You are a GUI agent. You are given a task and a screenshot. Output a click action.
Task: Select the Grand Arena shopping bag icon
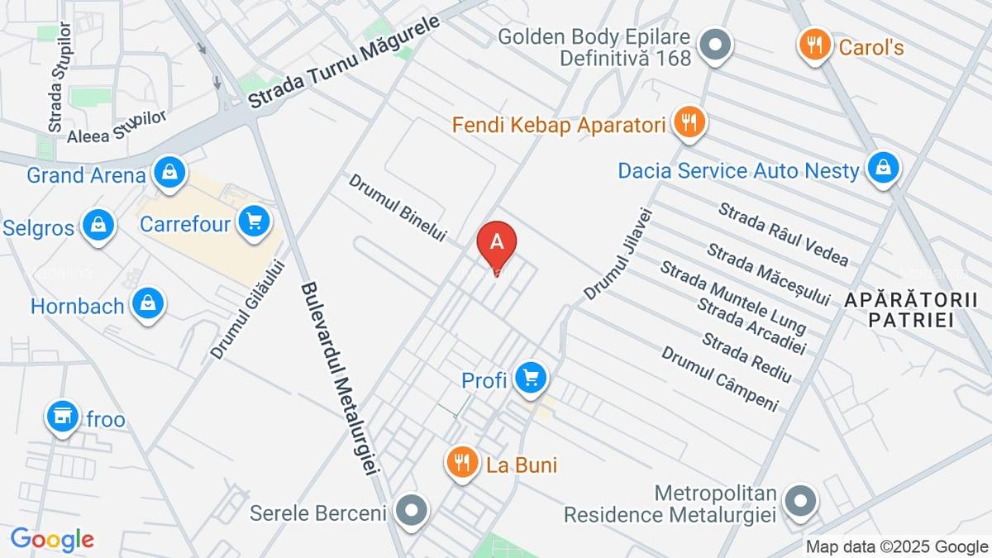[x=169, y=173]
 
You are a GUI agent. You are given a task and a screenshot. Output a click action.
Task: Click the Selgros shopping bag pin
[x=98, y=225]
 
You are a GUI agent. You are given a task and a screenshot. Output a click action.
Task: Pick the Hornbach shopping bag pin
[x=148, y=303]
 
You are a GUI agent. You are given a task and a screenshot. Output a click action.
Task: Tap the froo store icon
[x=62, y=417]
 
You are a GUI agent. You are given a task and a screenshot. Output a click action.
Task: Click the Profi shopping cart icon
[x=530, y=379]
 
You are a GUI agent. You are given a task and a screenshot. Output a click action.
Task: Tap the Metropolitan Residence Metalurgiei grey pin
[x=799, y=502]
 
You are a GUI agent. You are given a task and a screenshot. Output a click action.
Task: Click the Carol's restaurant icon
[x=815, y=45]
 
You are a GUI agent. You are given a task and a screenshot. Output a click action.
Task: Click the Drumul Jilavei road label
[x=619, y=253]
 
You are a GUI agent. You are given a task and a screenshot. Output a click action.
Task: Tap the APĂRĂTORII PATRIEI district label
[x=917, y=309]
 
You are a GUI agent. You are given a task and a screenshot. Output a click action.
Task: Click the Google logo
[x=52, y=539]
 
